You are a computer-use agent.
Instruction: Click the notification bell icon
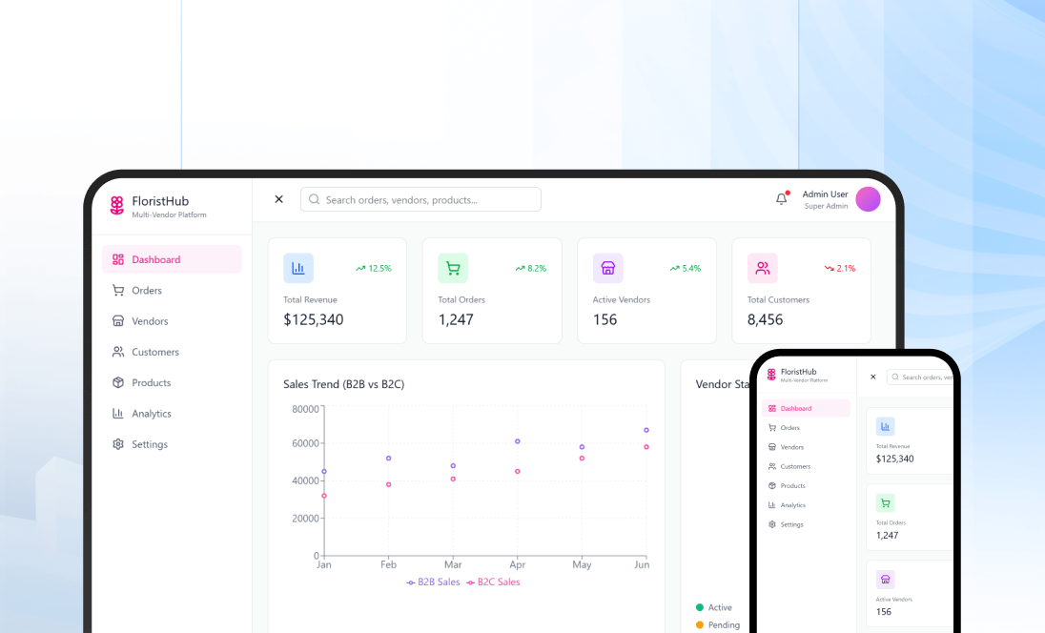click(782, 199)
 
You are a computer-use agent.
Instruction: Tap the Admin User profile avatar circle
click(868, 199)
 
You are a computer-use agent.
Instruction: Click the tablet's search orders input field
click(420, 200)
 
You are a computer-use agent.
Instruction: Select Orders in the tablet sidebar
click(147, 291)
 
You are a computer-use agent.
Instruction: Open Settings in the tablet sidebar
click(150, 445)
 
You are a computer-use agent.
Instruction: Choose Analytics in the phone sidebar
click(792, 505)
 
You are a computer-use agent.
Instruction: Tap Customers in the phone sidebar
click(795, 467)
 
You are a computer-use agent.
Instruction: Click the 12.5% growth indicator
click(374, 269)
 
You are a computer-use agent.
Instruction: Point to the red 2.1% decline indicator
click(840, 269)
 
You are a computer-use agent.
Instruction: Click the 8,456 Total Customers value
click(766, 320)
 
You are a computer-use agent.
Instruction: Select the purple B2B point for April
click(518, 441)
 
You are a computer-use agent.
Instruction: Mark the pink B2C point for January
click(324, 496)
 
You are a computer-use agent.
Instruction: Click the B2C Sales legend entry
click(493, 582)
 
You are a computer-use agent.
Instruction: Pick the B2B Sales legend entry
click(433, 582)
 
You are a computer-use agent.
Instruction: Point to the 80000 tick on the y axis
click(305, 410)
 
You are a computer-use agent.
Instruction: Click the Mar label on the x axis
click(453, 565)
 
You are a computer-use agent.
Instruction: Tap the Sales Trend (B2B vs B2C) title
click(343, 385)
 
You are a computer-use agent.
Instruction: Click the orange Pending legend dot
click(700, 625)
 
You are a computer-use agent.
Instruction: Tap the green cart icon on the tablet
click(453, 269)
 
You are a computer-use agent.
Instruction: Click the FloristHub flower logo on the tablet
click(117, 205)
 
